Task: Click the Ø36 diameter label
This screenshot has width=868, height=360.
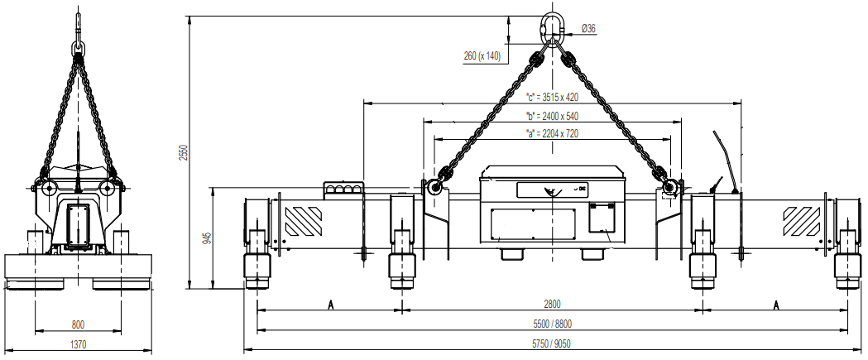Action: (588, 28)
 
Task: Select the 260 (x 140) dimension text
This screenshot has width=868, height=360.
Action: (482, 56)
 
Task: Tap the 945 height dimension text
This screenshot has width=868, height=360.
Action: (207, 239)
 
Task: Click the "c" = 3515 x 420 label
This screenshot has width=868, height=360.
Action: (552, 97)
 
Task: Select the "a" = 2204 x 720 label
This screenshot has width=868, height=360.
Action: (552, 132)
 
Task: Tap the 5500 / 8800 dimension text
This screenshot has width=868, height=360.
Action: (552, 324)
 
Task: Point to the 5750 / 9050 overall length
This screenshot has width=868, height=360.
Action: (552, 343)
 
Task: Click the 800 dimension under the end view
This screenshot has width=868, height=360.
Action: (79, 324)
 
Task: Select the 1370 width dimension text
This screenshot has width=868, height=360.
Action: (79, 343)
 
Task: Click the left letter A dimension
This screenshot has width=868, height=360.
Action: (330, 305)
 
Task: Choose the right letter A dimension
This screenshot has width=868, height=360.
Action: (775, 305)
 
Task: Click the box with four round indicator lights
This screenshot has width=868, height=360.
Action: (343, 190)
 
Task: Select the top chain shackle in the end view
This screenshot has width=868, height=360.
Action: (79, 50)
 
